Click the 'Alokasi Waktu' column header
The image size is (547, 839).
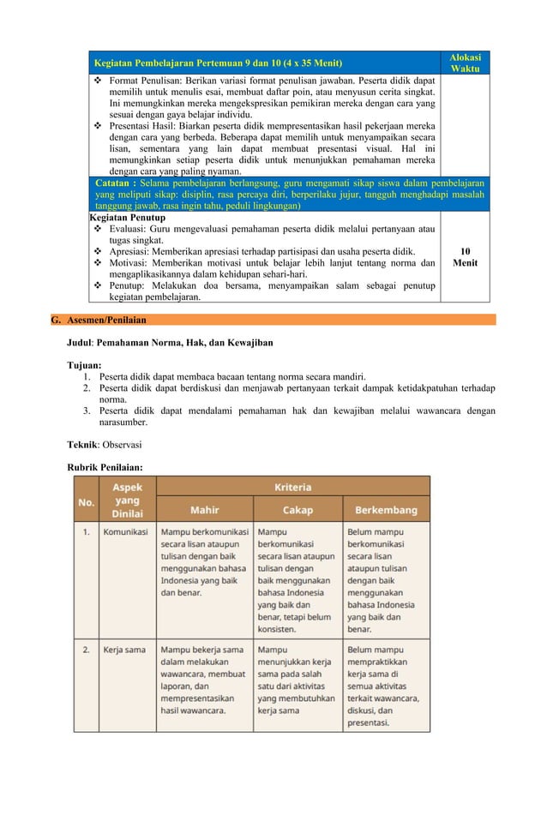466,63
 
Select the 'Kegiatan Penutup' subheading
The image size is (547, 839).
128,218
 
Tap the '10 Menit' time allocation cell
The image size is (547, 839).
466,257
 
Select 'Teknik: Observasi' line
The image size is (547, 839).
105,445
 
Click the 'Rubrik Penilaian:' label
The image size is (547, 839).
105,467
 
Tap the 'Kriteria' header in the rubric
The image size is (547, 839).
292,486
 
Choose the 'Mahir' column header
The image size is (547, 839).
204,510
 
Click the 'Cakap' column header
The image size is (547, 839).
297,510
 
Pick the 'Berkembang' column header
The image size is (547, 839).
386,510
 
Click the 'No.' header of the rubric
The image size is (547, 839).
86,502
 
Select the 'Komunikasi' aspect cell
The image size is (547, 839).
125,531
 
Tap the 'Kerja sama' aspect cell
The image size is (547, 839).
124,650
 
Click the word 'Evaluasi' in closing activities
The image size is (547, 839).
127,230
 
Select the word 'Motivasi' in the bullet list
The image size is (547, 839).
127,263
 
